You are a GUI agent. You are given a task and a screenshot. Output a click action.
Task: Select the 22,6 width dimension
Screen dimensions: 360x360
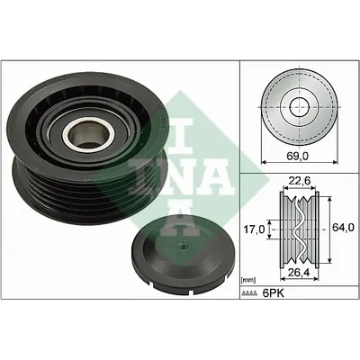[299, 181]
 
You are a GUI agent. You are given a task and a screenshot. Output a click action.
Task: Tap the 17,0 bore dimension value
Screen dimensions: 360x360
[255, 229]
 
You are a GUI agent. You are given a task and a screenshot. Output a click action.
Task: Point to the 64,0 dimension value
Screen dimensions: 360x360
[343, 227]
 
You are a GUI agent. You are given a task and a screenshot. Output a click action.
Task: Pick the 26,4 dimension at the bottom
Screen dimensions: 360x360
[300, 272]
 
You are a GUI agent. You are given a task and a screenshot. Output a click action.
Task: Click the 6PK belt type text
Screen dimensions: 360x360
[273, 293]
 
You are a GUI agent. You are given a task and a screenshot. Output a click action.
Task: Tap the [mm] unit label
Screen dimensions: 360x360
[248, 281]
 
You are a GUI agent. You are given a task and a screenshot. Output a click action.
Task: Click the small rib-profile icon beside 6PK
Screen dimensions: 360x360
[249, 293]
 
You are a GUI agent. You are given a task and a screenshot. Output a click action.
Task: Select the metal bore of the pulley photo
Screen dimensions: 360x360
[88, 134]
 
